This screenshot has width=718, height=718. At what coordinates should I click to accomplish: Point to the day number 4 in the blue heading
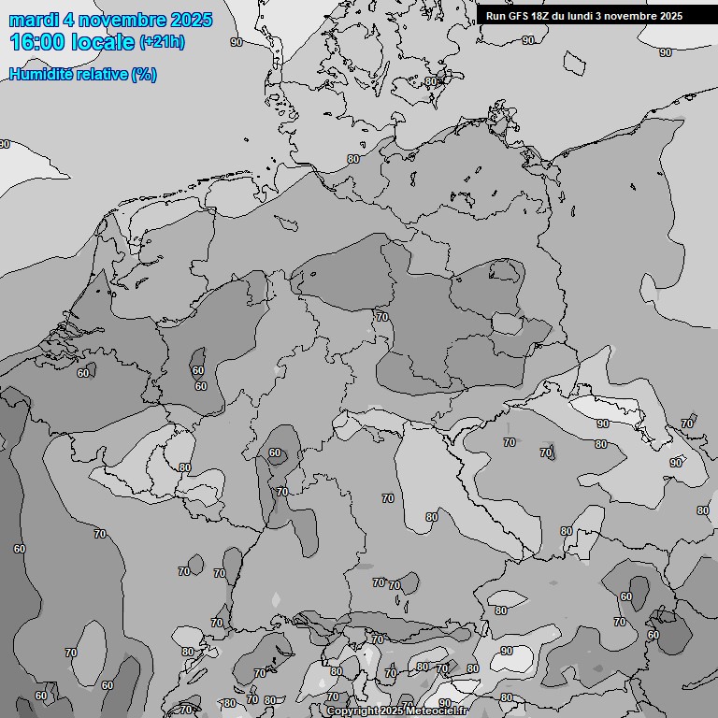[68, 20]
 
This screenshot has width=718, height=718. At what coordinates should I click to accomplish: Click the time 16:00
[37, 42]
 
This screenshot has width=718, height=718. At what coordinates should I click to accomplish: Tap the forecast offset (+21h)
[162, 42]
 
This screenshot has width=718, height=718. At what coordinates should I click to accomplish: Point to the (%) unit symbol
[144, 74]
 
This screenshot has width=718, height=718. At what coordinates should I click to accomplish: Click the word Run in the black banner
[496, 16]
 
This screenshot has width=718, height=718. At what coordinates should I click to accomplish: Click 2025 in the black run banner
[669, 16]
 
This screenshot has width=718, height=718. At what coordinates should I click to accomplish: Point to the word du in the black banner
[562, 16]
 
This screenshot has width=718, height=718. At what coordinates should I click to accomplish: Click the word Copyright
[352, 711]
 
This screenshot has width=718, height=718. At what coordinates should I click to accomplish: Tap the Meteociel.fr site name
[437, 711]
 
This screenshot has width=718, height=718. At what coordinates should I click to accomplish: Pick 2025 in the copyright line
[393, 711]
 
